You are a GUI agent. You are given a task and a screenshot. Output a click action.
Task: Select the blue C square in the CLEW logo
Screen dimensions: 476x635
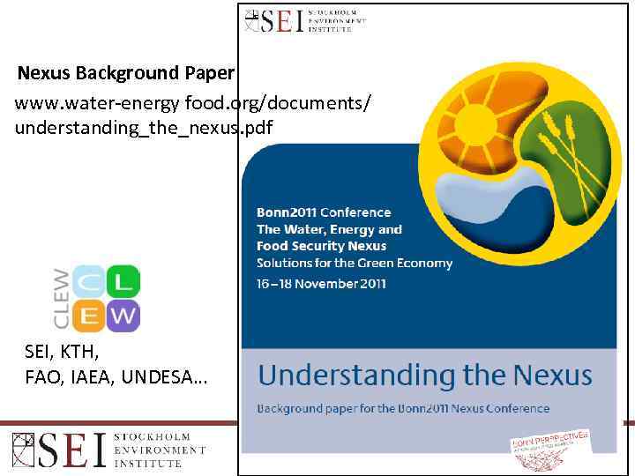click(x=88, y=282)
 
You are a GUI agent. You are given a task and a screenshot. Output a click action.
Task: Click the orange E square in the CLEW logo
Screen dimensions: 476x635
click(x=88, y=315)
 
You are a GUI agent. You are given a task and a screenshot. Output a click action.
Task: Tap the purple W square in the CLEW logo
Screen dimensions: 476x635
click(x=123, y=315)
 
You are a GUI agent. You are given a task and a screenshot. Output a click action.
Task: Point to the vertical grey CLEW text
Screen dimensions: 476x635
click(x=62, y=298)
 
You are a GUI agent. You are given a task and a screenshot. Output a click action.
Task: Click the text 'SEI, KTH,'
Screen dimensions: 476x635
click(x=63, y=353)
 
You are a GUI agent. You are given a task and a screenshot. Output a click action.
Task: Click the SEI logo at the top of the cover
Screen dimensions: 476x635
click(x=304, y=19)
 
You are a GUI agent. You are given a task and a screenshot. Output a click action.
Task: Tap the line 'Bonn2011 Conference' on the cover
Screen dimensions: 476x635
click(x=324, y=212)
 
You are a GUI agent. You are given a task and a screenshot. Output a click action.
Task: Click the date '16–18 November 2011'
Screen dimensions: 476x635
click(x=321, y=283)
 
